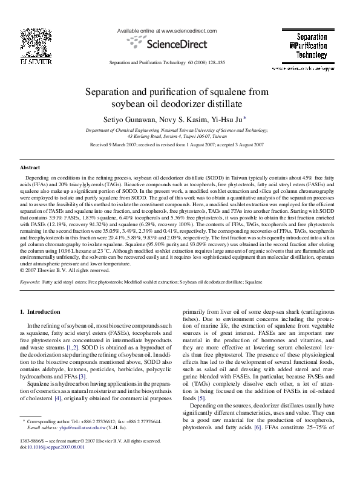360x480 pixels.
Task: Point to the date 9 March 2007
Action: click(119, 145)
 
